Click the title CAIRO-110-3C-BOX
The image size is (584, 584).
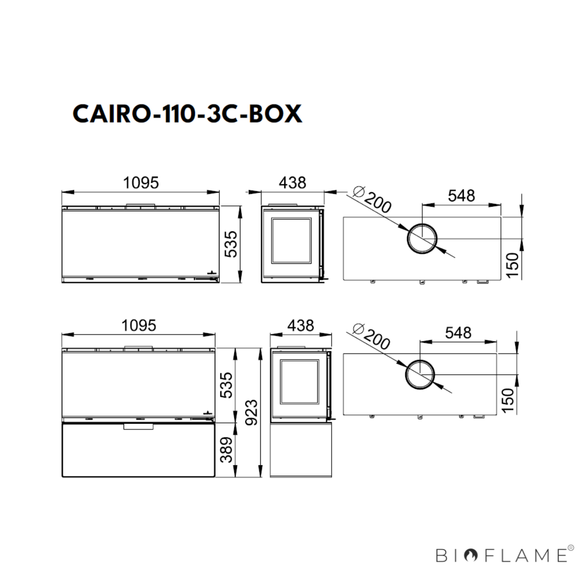point(187,114)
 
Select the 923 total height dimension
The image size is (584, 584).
point(251,413)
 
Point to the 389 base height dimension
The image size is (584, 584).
point(226,450)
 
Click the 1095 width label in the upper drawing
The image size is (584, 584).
point(141,183)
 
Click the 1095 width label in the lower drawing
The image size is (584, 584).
point(139,326)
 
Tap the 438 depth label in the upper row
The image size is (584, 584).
point(292,183)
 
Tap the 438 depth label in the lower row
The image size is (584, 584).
point(301,326)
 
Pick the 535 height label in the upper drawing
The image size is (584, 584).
point(231,244)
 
